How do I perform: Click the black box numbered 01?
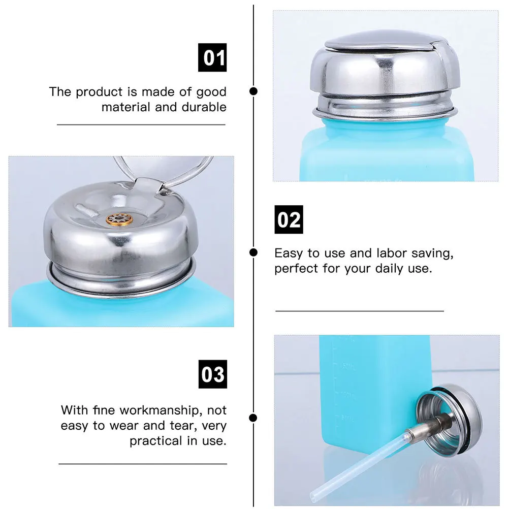[212, 57]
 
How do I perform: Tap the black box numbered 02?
[289, 219]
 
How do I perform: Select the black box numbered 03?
[212, 374]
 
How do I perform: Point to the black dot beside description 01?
[253, 91]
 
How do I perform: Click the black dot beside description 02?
[253, 252]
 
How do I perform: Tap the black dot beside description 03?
[253, 418]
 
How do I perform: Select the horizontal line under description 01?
[141, 124]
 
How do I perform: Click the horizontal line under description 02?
[359, 310]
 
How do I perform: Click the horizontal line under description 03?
[142, 464]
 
